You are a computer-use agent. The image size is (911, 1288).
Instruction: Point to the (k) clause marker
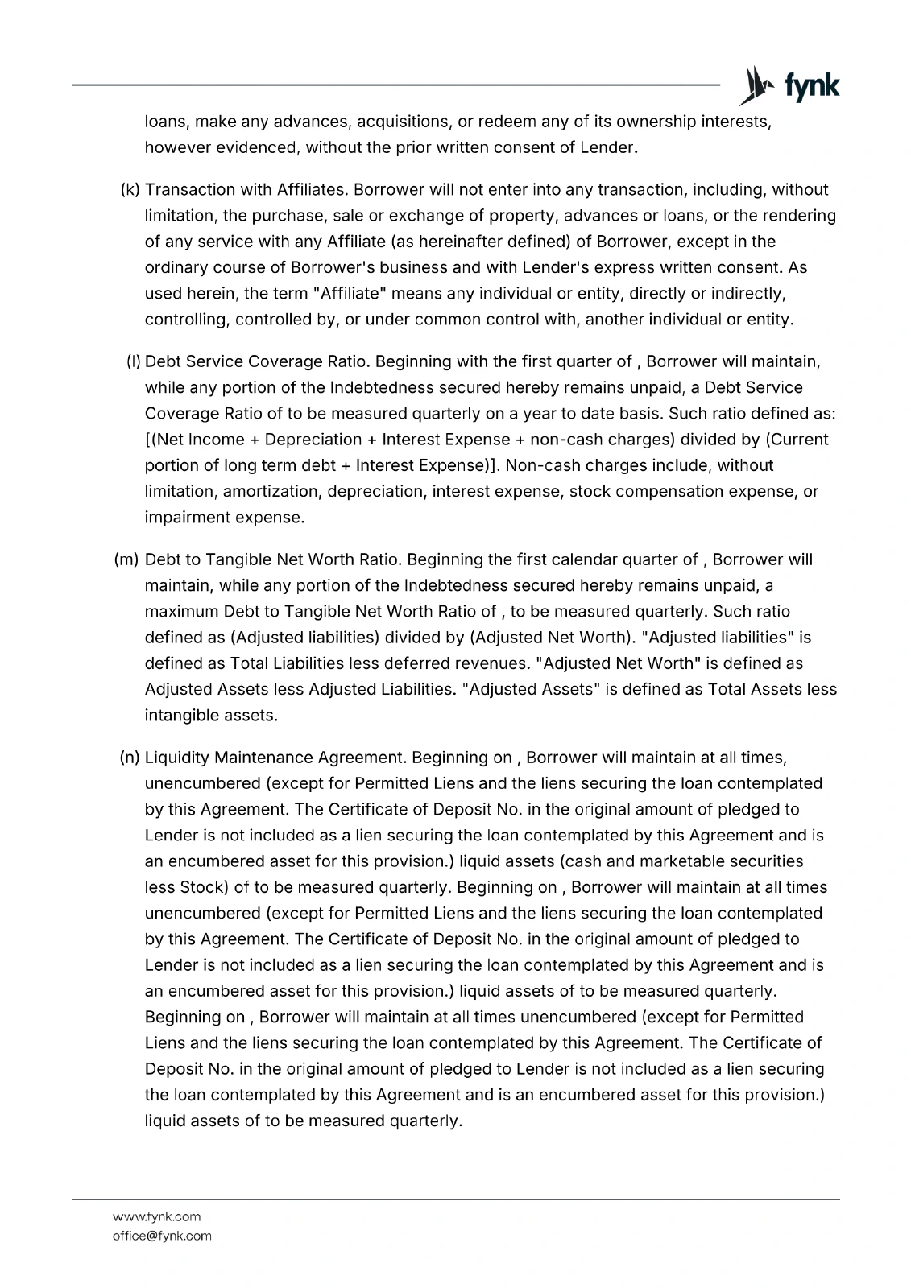coord(130,190)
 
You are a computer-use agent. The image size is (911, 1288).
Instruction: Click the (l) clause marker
coord(134,361)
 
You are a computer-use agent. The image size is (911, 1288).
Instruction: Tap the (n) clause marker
coord(130,758)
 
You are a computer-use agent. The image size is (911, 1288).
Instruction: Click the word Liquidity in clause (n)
coord(177,758)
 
